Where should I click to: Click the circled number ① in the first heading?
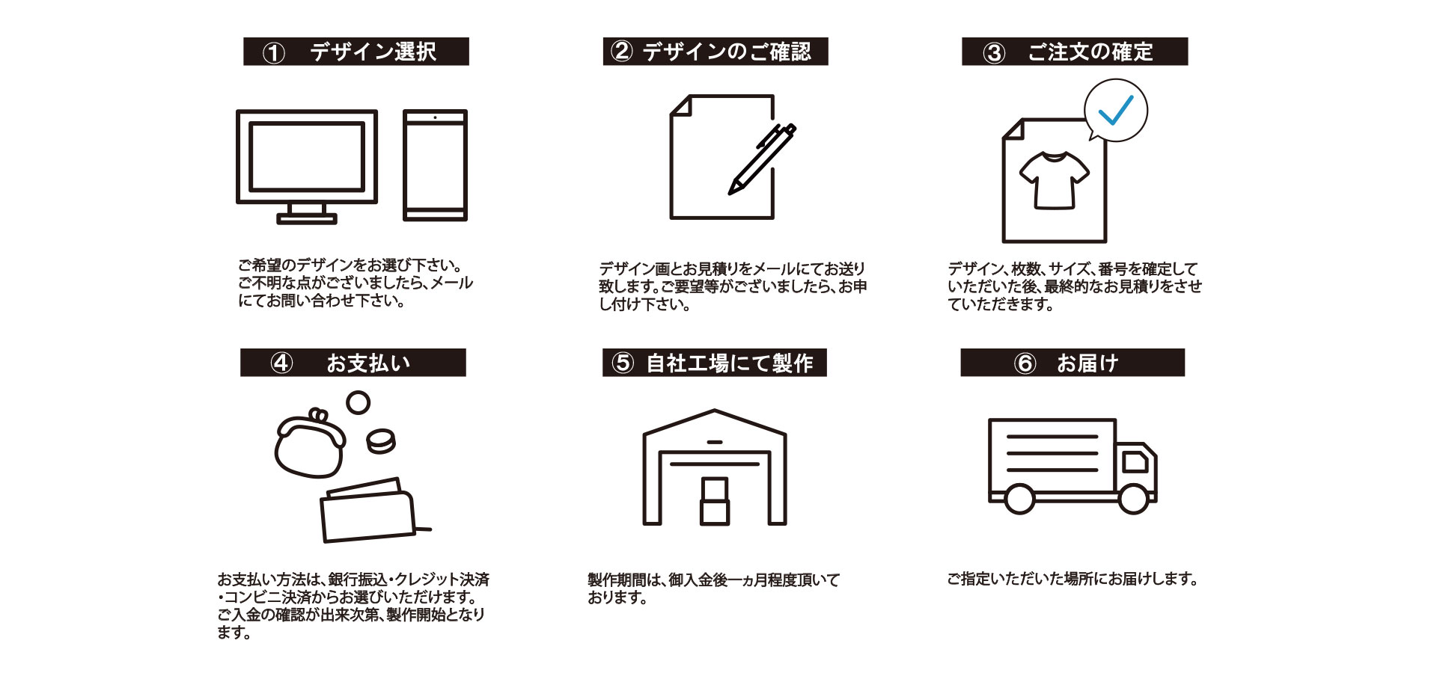[x=274, y=53]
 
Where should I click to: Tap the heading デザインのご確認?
[x=726, y=52]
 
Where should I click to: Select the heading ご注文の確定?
[x=1090, y=52]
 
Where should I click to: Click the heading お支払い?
[x=367, y=363]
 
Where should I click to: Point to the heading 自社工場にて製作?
[x=729, y=363]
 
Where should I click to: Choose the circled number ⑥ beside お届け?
[x=1025, y=363]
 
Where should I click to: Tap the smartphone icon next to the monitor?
[x=435, y=165]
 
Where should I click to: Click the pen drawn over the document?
[x=762, y=159]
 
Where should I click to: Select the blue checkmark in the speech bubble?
[x=1115, y=111]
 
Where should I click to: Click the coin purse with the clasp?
[x=308, y=445]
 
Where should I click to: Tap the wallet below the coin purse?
[x=368, y=511]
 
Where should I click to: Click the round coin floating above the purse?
[x=359, y=402]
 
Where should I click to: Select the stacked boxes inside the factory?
[x=714, y=500]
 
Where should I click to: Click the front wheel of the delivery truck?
[x=1133, y=499]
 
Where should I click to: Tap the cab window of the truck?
[x=1135, y=462]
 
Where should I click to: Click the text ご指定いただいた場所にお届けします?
[x=1072, y=579]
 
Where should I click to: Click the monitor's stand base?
[x=307, y=218]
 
